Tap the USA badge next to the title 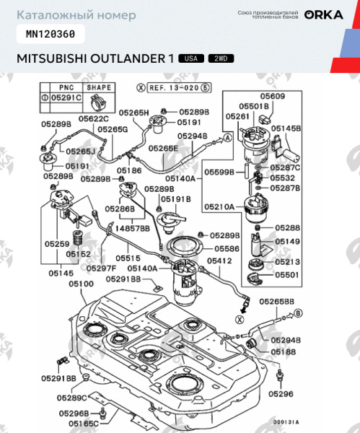pyautogui.click(x=190, y=58)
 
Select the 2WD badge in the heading pyautogui.click(x=218, y=58)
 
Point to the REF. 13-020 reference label pyautogui.click(x=170, y=87)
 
